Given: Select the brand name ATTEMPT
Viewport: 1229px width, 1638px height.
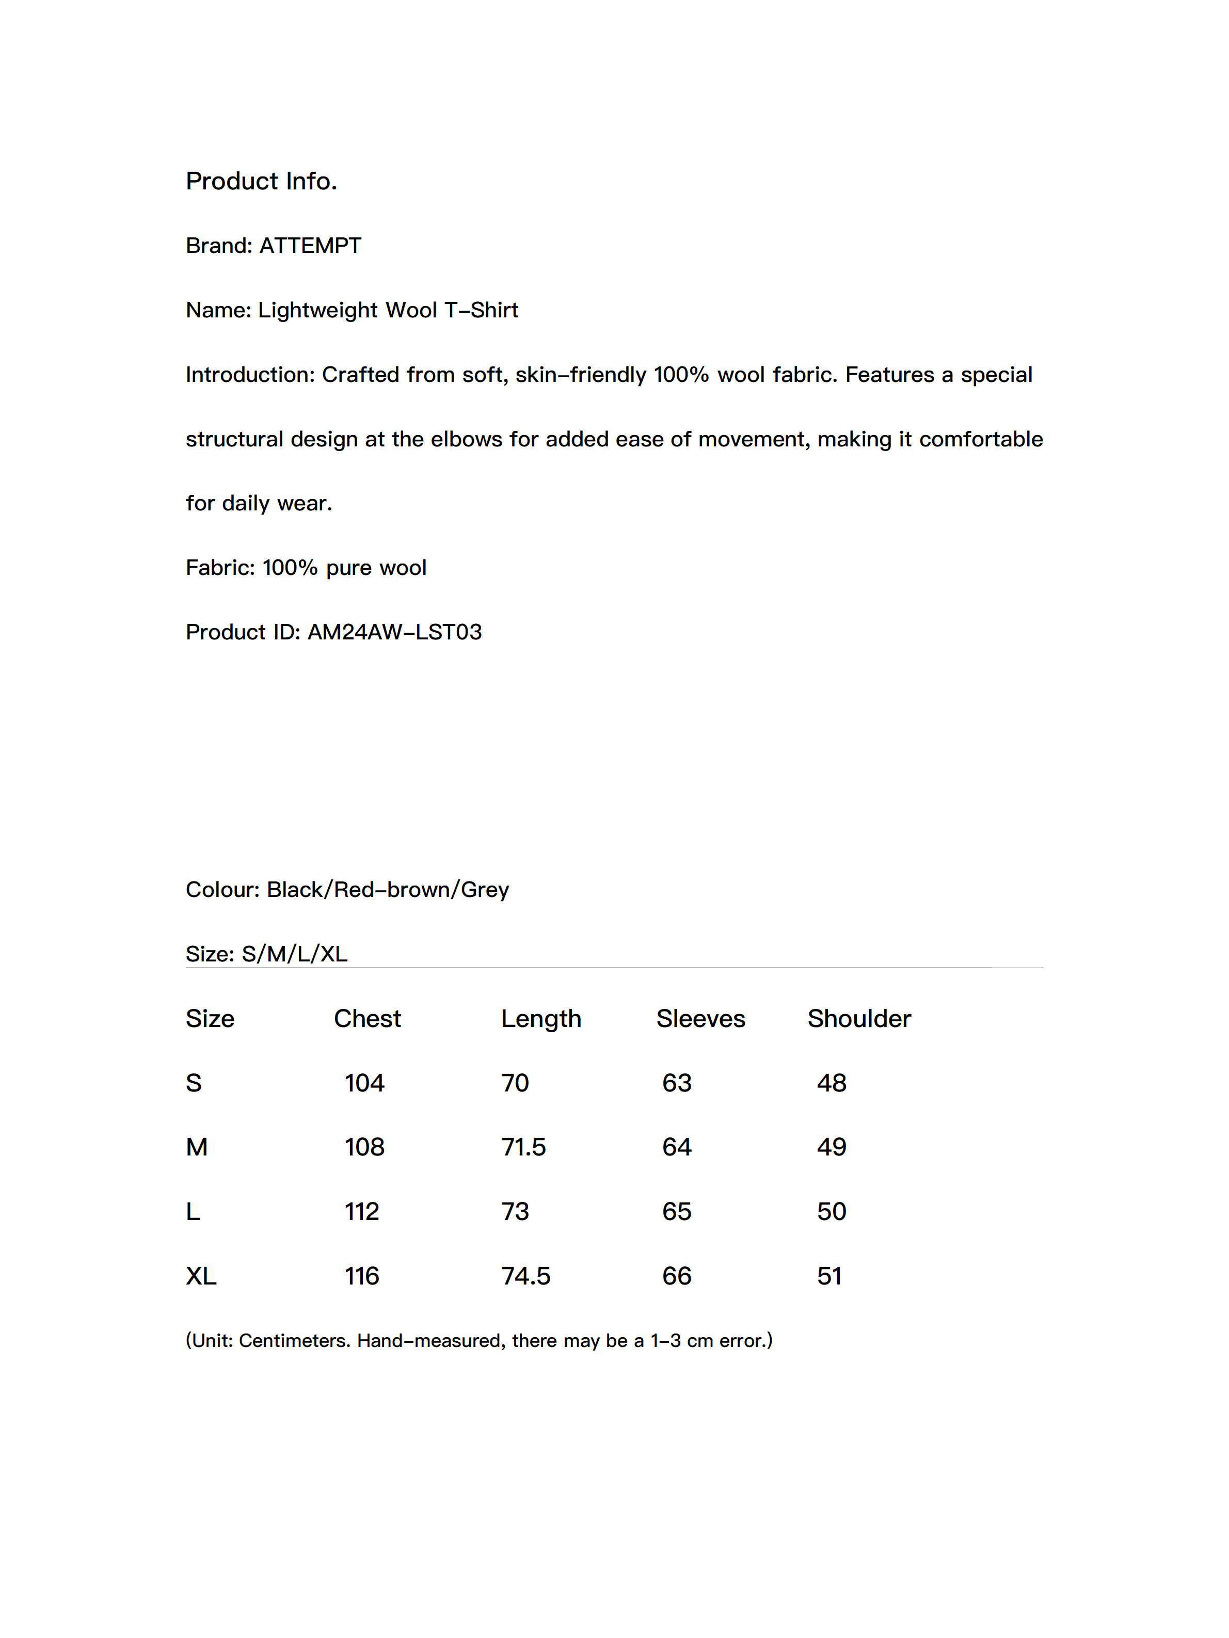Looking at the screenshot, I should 310,246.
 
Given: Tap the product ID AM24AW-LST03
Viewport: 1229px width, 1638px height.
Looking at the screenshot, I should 394,632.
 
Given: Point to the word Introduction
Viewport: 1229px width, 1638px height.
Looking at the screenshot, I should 250,375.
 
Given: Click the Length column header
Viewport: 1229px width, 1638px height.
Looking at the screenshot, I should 541,1019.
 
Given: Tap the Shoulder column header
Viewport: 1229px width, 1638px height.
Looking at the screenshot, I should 858,1019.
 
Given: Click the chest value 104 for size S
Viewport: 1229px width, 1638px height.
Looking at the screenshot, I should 364,1083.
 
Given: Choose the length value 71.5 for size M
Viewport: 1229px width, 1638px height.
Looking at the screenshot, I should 523,1148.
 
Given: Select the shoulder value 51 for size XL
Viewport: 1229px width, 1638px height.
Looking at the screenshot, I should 829,1277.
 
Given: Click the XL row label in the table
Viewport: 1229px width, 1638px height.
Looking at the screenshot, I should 201,1277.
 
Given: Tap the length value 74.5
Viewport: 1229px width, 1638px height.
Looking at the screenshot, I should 525,1277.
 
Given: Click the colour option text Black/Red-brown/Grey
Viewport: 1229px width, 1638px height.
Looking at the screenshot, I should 388,890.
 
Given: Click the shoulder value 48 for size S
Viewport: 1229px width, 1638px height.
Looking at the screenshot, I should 831,1083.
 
